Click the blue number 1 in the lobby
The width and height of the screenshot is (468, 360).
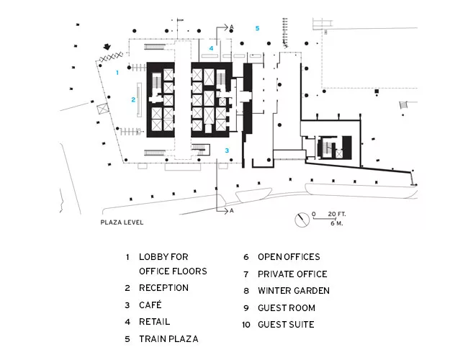point(117,73)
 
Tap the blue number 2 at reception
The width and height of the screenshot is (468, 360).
point(133,99)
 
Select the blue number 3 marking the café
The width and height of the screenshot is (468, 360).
point(227,150)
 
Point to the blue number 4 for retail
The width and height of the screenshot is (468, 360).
point(211,48)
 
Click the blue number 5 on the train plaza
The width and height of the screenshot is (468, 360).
point(257,28)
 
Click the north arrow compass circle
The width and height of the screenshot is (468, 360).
point(302,220)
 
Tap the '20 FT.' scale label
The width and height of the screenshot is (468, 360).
point(337,214)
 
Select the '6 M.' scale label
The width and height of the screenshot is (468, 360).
point(337,223)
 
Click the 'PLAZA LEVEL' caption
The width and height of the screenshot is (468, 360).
point(122,222)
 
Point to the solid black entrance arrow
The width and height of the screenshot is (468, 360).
point(107,47)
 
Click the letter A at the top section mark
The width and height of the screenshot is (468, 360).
point(232,27)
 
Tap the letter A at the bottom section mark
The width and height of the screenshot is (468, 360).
point(232,211)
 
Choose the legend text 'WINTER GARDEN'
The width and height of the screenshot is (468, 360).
point(294,291)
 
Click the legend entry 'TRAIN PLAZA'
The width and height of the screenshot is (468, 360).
point(168,339)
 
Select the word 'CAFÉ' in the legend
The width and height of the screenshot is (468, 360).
point(150,305)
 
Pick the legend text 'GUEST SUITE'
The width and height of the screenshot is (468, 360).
point(286,325)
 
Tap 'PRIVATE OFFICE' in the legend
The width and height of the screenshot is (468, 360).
point(292,274)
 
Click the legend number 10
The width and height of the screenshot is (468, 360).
point(246,325)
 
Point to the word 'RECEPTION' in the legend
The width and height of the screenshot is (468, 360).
point(164,288)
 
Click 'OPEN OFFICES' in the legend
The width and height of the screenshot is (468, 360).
point(289,257)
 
